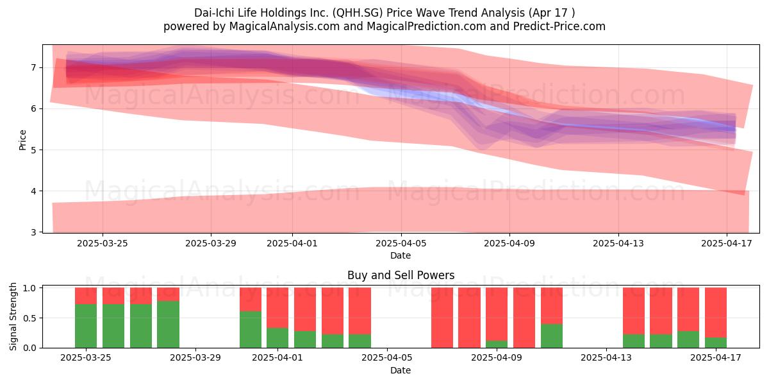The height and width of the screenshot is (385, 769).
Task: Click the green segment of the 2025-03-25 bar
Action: coord(86,326)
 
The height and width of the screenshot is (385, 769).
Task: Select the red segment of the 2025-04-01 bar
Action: coord(277,307)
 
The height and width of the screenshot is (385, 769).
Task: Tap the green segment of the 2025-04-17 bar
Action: coord(716,343)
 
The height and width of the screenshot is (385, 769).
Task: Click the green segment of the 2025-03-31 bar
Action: coord(251,330)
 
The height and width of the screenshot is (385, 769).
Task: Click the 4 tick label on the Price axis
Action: coord(33,191)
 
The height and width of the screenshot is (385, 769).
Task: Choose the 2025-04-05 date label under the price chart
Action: coord(401,243)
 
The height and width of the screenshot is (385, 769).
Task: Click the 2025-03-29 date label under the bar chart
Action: coord(195,357)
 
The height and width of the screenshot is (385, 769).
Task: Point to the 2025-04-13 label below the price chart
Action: coord(618,243)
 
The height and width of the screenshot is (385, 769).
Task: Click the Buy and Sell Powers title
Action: coord(401,275)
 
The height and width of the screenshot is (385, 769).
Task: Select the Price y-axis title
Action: coord(22,141)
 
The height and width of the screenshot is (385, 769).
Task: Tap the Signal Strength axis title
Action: coord(13,316)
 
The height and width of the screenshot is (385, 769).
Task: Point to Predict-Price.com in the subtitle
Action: coord(559,26)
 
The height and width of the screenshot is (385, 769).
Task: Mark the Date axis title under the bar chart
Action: coord(401,370)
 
